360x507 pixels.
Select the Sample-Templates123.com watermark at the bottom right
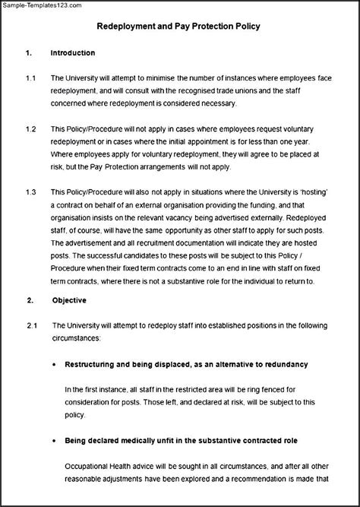tap(319, 501)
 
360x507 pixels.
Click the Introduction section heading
tap(72, 53)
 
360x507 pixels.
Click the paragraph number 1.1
tap(30, 78)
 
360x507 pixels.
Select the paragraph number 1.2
tap(30, 129)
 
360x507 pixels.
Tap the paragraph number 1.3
tap(30, 193)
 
